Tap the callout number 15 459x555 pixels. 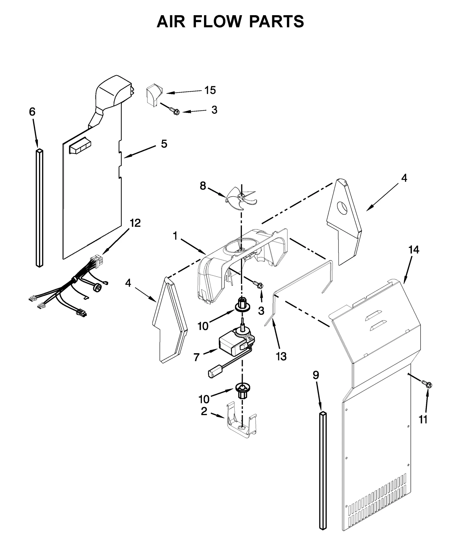point(210,90)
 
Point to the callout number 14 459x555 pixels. point(414,250)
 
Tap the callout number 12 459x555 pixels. point(135,223)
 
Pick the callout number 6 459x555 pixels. point(32,112)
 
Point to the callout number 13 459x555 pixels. point(281,356)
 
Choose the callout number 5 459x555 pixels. point(164,144)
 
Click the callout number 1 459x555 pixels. point(175,236)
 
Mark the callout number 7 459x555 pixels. point(196,357)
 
